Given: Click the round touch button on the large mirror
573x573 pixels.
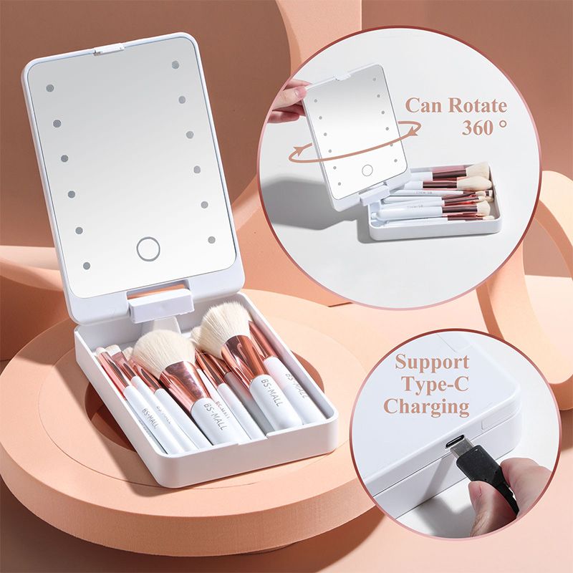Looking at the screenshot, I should click(148, 249).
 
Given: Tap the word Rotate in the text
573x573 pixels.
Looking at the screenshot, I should click(478, 106).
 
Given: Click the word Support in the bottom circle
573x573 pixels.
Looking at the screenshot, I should click(432, 362).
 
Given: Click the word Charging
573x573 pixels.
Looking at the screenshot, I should click(426, 408).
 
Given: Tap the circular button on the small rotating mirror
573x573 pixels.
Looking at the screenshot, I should click(367, 170).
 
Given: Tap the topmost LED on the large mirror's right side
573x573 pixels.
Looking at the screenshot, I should click(175, 64).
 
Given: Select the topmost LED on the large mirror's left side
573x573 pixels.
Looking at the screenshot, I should click(49, 88).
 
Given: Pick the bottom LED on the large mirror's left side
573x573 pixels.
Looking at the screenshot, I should click(87, 266).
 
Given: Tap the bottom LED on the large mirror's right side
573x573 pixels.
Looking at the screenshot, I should click(211, 240).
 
